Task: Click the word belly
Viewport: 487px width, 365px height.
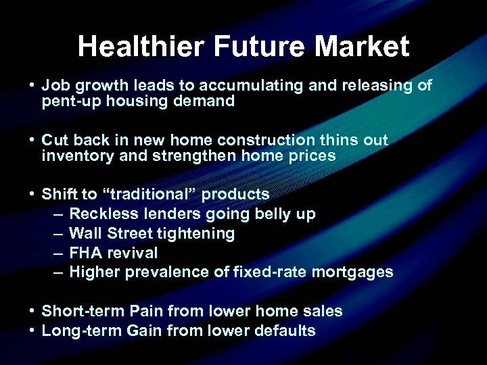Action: [273, 214]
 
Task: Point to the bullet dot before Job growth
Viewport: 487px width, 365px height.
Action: [32, 87]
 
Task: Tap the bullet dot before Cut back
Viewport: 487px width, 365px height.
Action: [32, 141]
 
